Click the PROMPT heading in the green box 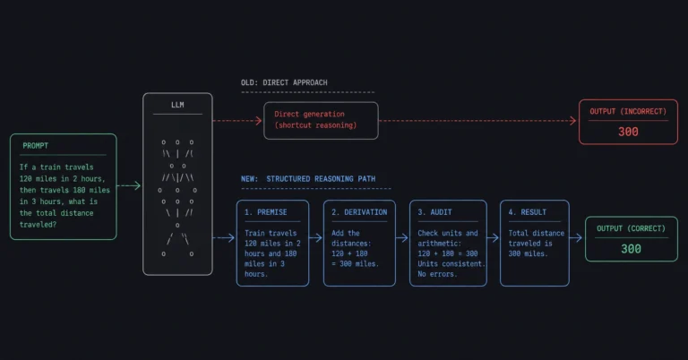[x=36, y=146]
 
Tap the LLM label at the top [x=177, y=105]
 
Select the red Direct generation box [x=321, y=121]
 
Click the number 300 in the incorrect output [x=628, y=132]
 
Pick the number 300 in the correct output [x=631, y=249]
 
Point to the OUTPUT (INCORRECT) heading [x=628, y=111]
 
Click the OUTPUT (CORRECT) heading [x=631, y=228]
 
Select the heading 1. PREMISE [x=265, y=212]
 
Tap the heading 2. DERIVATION [x=359, y=212]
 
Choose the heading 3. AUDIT [x=434, y=212]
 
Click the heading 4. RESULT [x=528, y=212]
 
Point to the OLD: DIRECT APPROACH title [x=284, y=82]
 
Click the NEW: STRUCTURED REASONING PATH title [x=308, y=179]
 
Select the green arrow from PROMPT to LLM [x=129, y=185]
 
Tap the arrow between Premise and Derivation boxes [x=316, y=238]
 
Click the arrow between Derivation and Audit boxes [x=402, y=238]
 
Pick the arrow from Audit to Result [x=494, y=238]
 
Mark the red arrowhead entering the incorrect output [x=573, y=121]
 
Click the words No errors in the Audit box [x=437, y=274]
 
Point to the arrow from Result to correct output [x=576, y=238]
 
